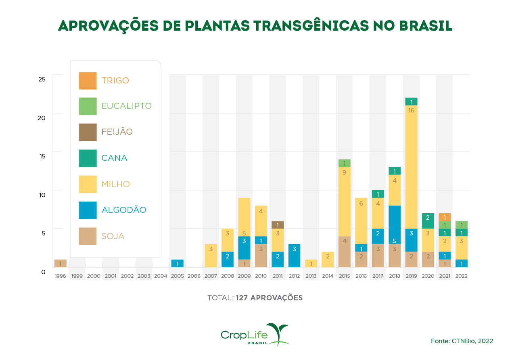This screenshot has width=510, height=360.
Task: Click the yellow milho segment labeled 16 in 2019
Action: coord(411,166)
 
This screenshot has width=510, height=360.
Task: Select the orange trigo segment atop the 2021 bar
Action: coord(444,217)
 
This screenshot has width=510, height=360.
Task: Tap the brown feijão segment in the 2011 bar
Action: coord(278,225)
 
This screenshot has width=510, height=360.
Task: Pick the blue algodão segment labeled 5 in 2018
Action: coord(395,225)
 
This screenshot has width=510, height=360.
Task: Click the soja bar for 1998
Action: coord(61,263)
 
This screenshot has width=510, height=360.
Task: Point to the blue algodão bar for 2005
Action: coord(178,263)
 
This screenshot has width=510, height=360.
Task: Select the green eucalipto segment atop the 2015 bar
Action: coord(344,163)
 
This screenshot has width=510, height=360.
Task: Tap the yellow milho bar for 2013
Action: coord(311,263)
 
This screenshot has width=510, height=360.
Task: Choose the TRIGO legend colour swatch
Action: coord(88,81)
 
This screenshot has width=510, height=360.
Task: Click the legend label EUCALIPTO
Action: coord(126,106)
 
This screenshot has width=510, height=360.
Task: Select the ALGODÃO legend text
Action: coord(124,210)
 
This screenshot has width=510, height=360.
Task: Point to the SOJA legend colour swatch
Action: coord(88,236)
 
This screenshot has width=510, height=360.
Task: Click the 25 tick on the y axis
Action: coord(42,79)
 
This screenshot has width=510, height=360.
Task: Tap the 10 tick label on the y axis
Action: coord(42,194)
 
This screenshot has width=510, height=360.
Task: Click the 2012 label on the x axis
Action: coord(294,276)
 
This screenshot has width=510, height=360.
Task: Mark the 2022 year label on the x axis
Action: coord(461,276)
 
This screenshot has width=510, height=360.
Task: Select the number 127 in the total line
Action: coord(242,298)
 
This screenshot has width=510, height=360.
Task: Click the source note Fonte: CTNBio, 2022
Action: coord(462,341)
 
